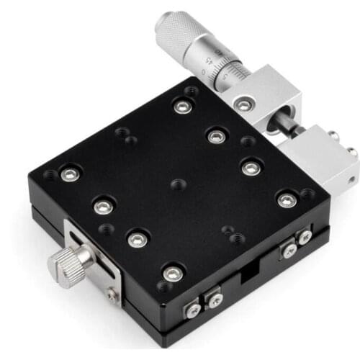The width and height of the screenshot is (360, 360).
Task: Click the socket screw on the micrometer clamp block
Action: point(245,105)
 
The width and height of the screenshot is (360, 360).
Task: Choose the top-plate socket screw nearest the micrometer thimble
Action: point(182,107)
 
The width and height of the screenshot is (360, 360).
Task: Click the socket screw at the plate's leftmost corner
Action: point(70,174)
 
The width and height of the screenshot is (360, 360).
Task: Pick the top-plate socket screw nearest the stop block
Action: point(287,200)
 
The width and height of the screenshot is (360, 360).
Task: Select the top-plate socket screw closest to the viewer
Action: point(173,273)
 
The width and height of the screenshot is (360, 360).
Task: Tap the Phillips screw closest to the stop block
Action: point(305,236)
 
